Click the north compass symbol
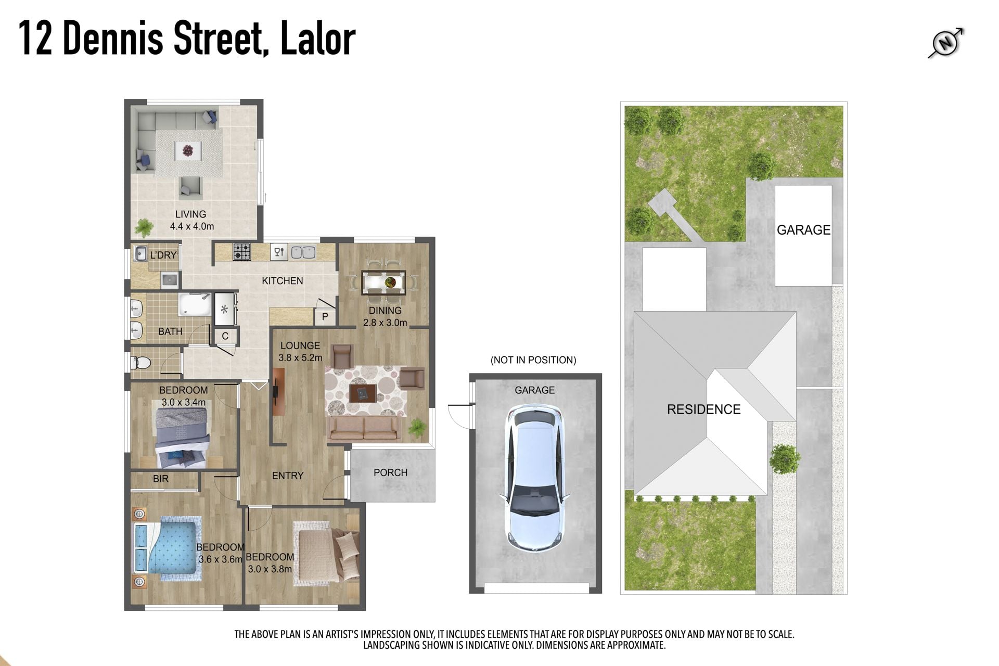tap(946, 43)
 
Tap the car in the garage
tap(534, 479)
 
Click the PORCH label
tap(390, 472)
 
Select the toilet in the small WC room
tap(140, 362)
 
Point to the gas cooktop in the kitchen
tap(241, 252)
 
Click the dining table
tap(383, 283)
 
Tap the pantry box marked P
tap(325, 316)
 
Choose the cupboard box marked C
tap(225, 336)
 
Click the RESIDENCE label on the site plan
tap(703, 409)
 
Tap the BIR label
tap(161, 479)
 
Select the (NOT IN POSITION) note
tap(533, 360)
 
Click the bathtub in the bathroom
tap(195, 305)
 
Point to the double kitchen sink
tap(303, 252)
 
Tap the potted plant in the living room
tap(144, 227)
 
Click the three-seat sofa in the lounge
tap(364, 429)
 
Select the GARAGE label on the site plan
tap(803, 230)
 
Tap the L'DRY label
tap(163, 255)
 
